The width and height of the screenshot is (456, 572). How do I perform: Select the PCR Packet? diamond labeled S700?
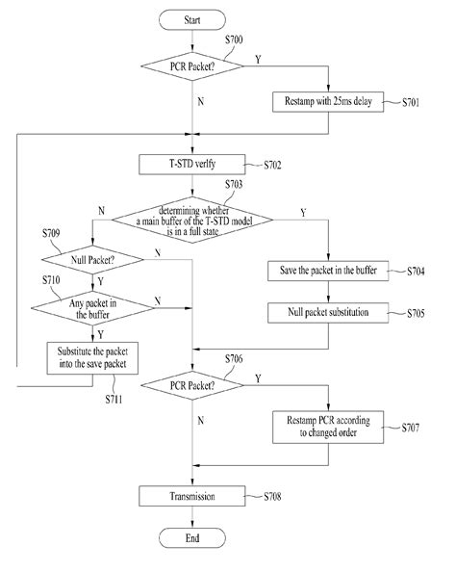[x=194, y=65]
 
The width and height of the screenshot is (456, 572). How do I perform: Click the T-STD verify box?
[x=194, y=165]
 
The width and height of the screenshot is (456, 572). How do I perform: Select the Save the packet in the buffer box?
[x=328, y=271]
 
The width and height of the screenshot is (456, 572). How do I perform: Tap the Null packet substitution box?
[x=328, y=312]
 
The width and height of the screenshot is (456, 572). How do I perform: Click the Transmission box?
[x=194, y=496]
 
